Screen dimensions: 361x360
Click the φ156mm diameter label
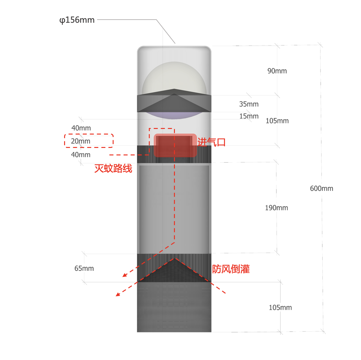pyautogui.click(x=77, y=20)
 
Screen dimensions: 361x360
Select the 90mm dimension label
pyautogui.click(x=277, y=71)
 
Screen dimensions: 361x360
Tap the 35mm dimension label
pyautogui.click(x=249, y=104)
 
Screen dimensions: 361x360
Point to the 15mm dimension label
pyautogui.click(x=249, y=116)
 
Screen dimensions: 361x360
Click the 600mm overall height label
pyautogui.click(x=321, y=188)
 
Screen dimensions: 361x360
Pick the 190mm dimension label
pyautogui.click(x=276, y=208)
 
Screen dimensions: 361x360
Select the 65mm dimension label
pyautogui.click(x=84, y=268)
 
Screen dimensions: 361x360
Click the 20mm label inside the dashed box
pyautogui.click(x=81, y=141)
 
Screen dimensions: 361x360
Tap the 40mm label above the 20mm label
pyautogui.click(x=81, y=128)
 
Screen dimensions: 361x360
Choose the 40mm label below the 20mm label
pyautogui.click(x=81, y=155)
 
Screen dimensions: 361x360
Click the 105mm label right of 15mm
pyautogui.click(x=277, y=121)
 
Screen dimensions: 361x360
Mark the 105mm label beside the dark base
pyautogui.click(x=280, y=307)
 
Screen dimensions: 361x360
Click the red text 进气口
pyautogui.click(x=211, y=142)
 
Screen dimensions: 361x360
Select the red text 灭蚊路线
pyautogui.click(x=113, y=168)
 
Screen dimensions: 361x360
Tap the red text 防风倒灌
pyautogui.click(x=231, y=269)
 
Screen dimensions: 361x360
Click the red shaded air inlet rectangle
pyautogui.click(x=175, y=145)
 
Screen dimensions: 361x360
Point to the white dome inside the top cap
pyautogui.click(x=174, y=77)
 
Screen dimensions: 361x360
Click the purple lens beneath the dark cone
pyautogui.click(x=174, y=116)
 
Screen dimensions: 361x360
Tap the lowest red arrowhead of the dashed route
pyautogui.click(x=118, y=294)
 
